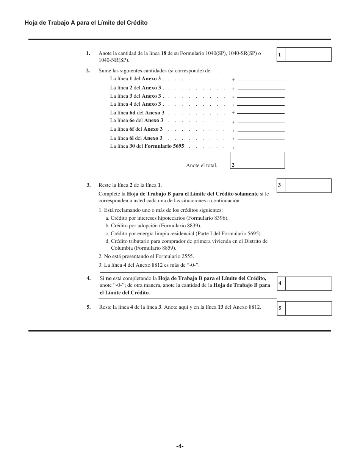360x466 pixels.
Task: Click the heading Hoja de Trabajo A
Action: (86, 23)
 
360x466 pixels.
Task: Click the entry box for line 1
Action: (308, 55)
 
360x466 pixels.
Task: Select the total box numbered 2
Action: (261, 160)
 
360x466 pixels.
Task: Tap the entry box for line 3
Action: (308, 186)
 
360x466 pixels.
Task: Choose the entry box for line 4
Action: (308, 283)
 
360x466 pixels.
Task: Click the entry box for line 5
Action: (308, 308)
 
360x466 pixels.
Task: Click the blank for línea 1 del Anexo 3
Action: (261, 78)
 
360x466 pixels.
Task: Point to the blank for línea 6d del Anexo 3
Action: (261, 111)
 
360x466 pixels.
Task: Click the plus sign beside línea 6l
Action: (233, 139)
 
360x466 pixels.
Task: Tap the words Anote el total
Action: (202, 166)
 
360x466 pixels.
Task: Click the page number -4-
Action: (180, 446)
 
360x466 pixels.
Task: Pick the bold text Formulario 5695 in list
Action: (164, 146)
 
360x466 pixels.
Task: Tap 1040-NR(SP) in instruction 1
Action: (113, 60)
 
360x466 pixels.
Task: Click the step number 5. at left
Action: (89, 307)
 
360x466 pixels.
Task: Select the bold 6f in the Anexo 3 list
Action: (132, 129)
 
